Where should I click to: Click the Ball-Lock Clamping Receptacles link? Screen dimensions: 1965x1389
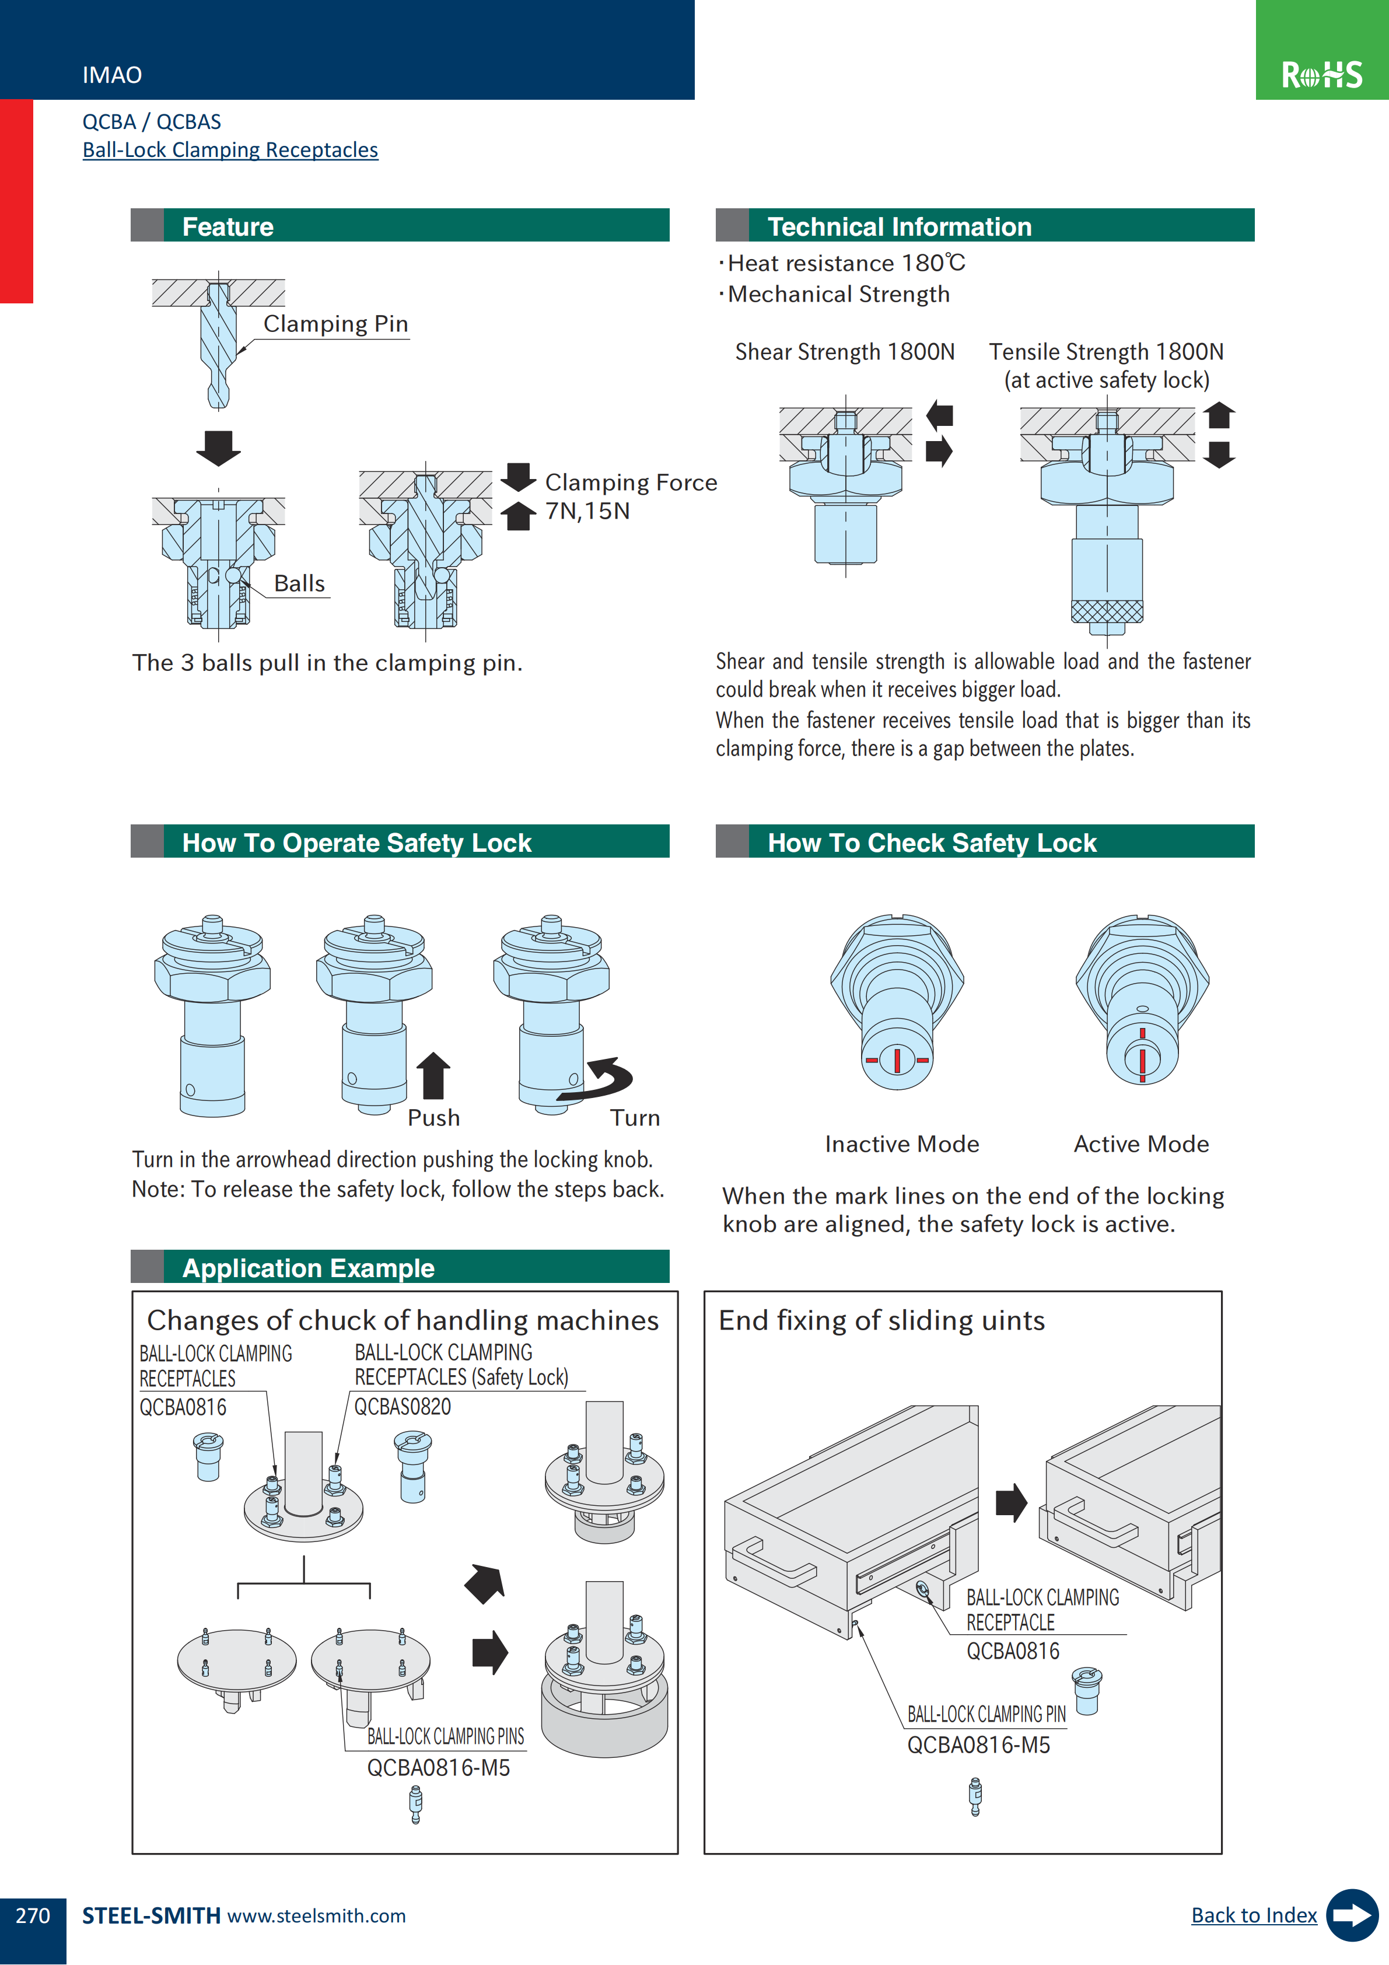point(230,150)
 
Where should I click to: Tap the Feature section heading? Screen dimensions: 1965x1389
point(228,227)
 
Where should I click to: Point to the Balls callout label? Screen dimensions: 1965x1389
point(299,583)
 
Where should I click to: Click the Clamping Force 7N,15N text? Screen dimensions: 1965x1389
point(630,497)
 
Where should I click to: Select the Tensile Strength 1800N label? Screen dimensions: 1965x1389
point(1105,352)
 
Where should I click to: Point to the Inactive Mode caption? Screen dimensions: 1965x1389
point(901,1144)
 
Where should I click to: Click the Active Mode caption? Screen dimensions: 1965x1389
point(1141,1144)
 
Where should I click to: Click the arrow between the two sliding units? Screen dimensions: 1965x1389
point(1011,1503)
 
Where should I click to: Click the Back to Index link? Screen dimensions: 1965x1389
point(1253,1915)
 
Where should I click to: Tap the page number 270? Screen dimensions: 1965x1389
point(33,1915)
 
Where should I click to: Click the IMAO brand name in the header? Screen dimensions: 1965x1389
point(112,75)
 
